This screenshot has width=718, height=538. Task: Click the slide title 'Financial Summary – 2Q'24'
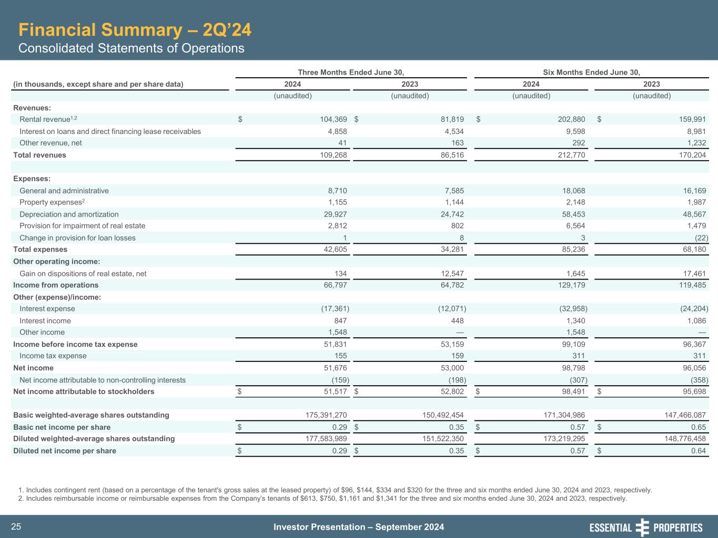point(135,30)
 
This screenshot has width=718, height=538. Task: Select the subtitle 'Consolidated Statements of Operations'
point(132,48)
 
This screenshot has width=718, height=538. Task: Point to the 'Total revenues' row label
point(40,155)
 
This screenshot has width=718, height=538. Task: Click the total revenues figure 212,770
point(570,155)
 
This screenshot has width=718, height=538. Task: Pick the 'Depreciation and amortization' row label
point(69,214)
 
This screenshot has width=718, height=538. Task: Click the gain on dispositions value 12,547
point(450,274)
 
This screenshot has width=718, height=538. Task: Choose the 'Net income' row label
point(34,368)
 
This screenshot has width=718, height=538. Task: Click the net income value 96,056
point(692,368)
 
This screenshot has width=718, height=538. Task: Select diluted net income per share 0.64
point(697,451)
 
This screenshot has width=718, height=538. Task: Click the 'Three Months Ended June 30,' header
point(351,73)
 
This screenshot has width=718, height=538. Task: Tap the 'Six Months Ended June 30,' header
point(591,73)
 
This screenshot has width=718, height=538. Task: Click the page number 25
point(16,527)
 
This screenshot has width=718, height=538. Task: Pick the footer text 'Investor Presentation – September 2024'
point(359,527)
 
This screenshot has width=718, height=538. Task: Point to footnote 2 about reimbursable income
point(326,499)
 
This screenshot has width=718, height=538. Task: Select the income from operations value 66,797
point(333,285)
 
